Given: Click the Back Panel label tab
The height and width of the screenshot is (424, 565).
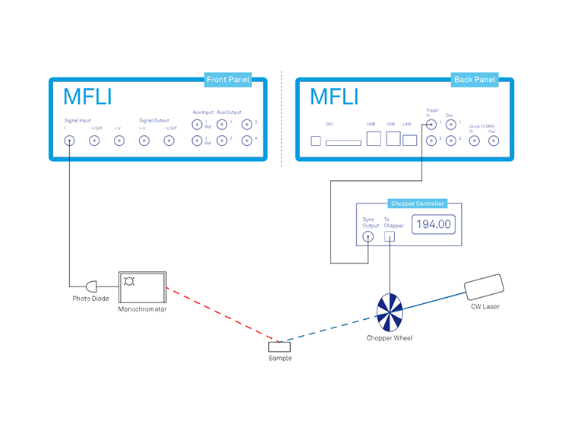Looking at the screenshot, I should [x=474, y=80].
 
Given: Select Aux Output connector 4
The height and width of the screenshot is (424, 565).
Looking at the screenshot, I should [x=246, y=141].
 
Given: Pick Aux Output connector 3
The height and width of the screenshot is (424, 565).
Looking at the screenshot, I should [x=246, y=125].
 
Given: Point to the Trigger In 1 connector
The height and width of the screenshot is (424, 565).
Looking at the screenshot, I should [x=431, y=125].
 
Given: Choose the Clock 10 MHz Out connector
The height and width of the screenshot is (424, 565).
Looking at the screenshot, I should [x=494, y=141].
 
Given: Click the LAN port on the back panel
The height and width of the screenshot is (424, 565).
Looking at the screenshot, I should [x=410, y=140].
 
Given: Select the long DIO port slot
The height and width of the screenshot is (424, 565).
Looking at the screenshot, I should [x=343, y=141].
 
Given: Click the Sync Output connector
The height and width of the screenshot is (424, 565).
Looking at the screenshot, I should [x=368, y=236].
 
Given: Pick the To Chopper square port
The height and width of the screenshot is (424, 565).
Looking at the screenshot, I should [x=390, y=236].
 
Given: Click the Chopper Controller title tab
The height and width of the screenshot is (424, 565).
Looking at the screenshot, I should [x=417, y=204].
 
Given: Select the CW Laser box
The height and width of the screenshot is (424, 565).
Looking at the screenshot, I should [x=484, y=288].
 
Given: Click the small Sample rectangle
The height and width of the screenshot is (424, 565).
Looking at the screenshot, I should [x=279, y=347].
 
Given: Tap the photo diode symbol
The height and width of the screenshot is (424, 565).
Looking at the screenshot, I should [x=93, y=286].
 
